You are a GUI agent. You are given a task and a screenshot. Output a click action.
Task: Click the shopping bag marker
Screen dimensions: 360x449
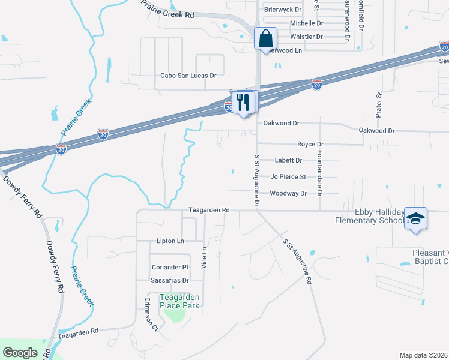(265, 39)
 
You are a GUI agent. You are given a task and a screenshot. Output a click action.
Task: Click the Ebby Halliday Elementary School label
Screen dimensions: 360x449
(369, 215)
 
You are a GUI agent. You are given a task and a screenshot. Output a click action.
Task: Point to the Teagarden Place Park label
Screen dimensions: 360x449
(179, 301)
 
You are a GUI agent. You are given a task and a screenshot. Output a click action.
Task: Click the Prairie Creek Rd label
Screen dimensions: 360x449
(169, 10)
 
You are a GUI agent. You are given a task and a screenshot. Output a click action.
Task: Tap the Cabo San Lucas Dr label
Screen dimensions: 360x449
(188, 76)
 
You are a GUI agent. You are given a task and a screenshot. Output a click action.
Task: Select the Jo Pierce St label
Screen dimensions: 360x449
(288, 177)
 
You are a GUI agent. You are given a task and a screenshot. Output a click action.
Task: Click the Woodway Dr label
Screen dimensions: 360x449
(288, 193)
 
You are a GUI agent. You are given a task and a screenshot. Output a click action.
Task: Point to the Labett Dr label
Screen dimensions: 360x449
(288, 160)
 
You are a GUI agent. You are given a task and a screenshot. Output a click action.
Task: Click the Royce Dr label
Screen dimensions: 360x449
(310, 144)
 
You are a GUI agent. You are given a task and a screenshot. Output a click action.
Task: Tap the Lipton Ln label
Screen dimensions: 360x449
(170, 241)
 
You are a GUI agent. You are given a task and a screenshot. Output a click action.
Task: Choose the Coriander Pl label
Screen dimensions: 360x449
(169, 266)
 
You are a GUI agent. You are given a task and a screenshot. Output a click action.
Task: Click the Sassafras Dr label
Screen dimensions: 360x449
(169, 280)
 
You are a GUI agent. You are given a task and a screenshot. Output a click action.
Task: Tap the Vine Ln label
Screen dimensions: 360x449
(204, 257)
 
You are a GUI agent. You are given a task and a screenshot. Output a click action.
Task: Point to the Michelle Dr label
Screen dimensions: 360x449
(306, 23)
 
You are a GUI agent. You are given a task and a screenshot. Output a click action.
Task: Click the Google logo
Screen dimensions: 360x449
(20, 352)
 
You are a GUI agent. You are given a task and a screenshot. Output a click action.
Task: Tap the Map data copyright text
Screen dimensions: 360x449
(424, 355)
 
